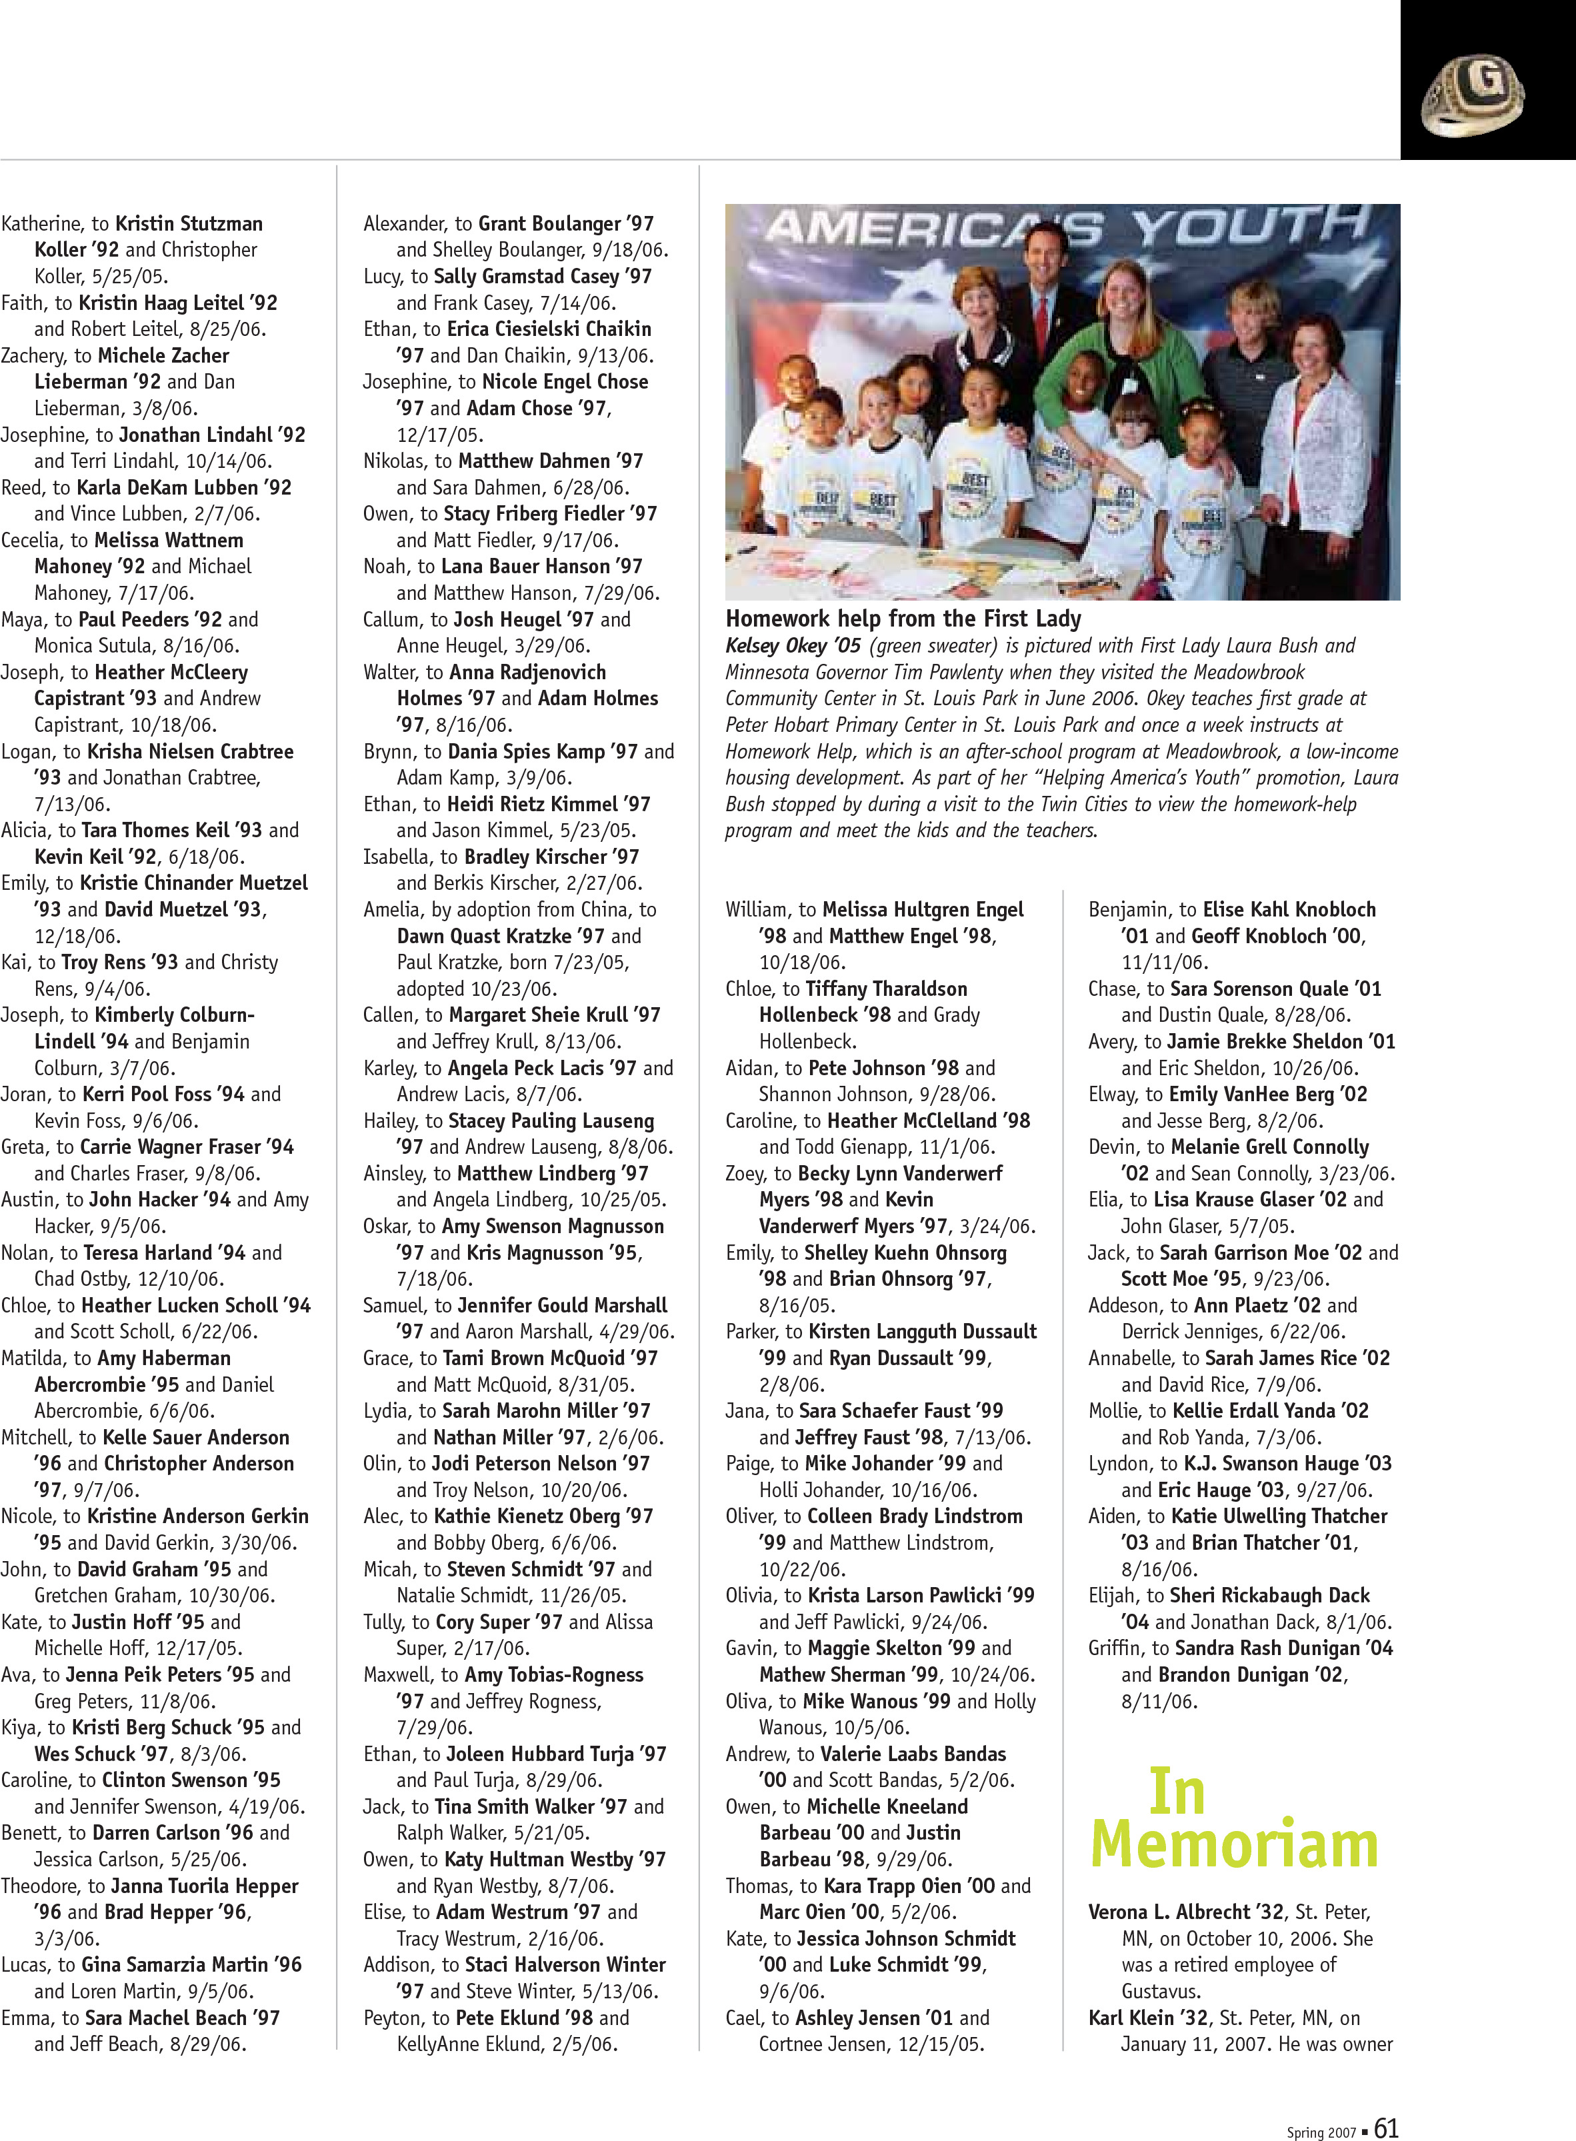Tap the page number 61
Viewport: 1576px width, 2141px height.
click(1386, 2101)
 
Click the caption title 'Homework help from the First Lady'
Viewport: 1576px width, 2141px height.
click(903, 619)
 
